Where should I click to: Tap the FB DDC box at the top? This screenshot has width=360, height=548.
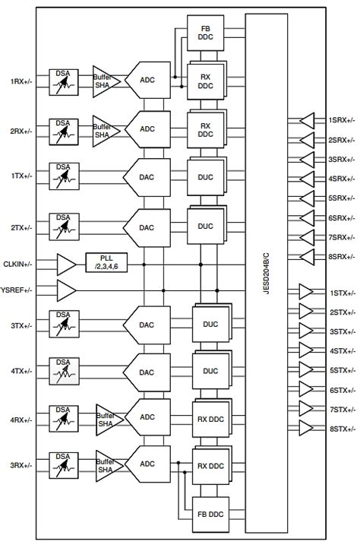tap(204, 33)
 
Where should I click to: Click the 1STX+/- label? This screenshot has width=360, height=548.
tap(339, 293)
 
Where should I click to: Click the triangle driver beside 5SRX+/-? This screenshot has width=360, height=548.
tap(307, 198)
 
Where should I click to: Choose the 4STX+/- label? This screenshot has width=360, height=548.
tap(339, 351)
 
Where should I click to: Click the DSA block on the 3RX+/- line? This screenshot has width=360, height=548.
tap(63, 463)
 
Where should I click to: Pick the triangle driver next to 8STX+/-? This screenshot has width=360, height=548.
tap(307, 429)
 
